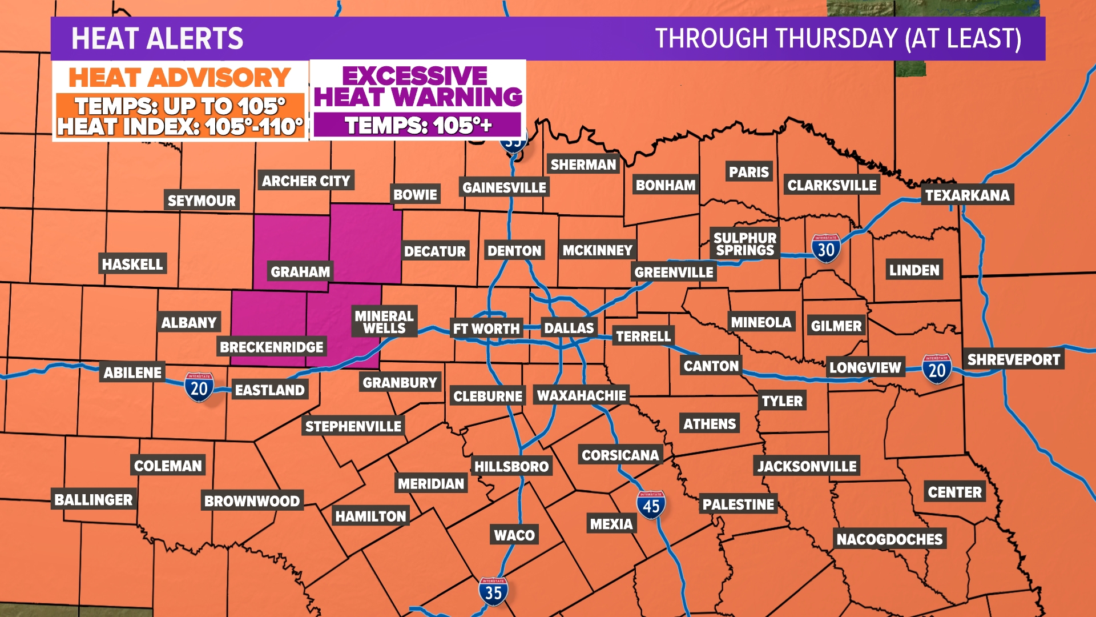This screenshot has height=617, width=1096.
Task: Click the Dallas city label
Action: (x=569, y=328)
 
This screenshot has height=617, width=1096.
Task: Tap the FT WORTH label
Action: (x=486, y=328)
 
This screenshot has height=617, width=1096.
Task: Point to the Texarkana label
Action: (x=967, y=195)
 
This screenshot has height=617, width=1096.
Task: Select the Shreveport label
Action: (x=1013, y=359)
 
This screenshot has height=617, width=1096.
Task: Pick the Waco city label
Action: (x=514, y=535)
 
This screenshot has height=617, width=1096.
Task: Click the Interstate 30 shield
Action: (x=825, y=249)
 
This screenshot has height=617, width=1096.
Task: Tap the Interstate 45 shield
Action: (x=651, y=506)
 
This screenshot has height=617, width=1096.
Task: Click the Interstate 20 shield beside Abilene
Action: (x=199, y=388)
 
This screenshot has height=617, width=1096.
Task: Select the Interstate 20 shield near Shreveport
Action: (x=937, y=370)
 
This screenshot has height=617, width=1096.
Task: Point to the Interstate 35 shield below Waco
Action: (x=493, y=592)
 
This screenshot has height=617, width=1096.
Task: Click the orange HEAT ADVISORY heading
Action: (x=180, y=78)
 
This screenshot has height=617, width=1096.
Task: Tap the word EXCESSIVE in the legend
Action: (x=415, y=75)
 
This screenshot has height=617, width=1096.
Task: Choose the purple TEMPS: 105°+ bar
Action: (x=417, y=125)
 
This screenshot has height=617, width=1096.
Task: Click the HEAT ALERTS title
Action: (x=157, y=39)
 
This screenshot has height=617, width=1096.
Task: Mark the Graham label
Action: (x=300, y=271)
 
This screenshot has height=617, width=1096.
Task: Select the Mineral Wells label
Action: (x=384, y=322)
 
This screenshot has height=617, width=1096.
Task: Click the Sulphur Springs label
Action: (x=745, y=244)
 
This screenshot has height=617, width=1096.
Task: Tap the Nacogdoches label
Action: (x=889, y=539)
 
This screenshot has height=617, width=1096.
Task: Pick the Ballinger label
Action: (x=94, y=500)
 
